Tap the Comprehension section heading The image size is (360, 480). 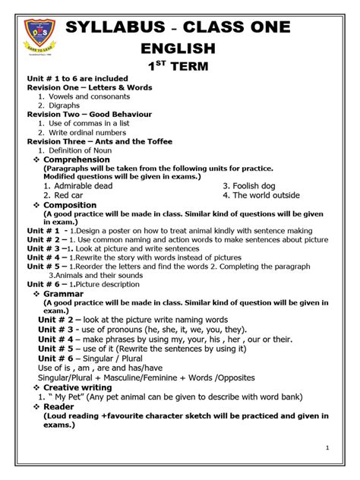point(77,159)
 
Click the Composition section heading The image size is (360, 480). point(70,205)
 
